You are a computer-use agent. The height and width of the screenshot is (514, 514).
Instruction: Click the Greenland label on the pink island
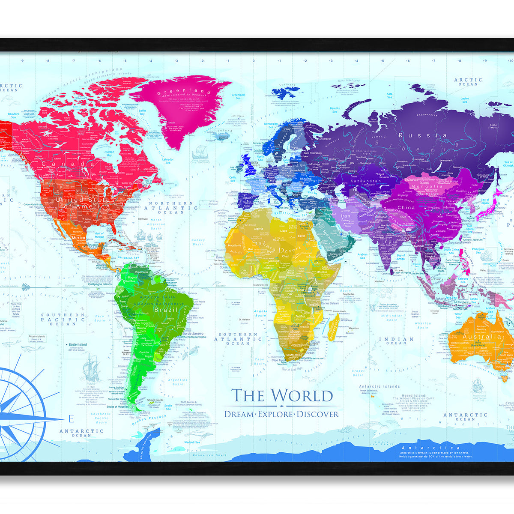pos(184,92)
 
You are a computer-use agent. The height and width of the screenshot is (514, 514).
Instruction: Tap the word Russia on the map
pos(423,135)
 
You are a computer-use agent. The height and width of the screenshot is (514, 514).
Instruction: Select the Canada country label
pos(68,164)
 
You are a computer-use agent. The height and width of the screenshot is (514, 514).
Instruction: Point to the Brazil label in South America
pos(163,310)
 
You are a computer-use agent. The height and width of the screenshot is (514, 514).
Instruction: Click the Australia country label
pos(481,337)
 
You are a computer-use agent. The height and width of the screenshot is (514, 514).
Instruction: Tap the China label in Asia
pos(406,208)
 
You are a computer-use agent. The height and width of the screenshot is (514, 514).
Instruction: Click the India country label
pos(390,242)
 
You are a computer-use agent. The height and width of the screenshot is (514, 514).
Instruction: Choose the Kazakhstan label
pos(366,181)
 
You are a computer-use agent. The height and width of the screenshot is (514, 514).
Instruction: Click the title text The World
pos(282,395)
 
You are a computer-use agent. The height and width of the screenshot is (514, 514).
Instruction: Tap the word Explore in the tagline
pos(275,414)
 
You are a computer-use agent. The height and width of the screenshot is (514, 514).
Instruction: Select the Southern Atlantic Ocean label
pos(238,339)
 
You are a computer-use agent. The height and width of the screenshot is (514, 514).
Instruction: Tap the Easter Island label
pos(78,344)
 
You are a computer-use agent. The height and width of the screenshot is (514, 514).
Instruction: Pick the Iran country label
pos(345,216)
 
